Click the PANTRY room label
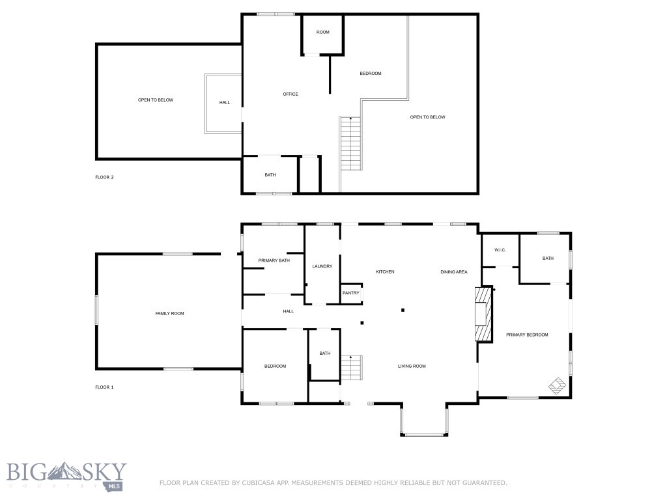(351, 293)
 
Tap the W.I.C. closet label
(500, 250)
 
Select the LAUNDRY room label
(322, 266)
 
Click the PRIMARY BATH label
(274, 260)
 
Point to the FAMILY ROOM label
(169, 314)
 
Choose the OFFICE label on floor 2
(291, 94)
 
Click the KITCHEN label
(385, 271)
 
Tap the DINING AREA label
(454, 271)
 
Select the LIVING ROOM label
(412, 366)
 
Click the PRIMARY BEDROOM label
(527, 335)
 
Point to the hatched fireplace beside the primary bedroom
(482, 314)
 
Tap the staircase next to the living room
(351, 368)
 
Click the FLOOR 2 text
(104, 177)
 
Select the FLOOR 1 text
(104, 387)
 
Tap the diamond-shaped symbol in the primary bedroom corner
(557, 386)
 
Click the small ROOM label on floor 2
(323, 33)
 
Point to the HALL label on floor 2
(224, 102)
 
